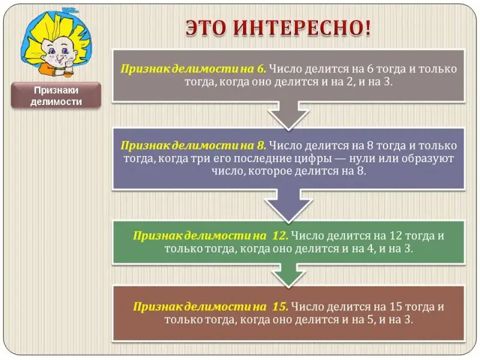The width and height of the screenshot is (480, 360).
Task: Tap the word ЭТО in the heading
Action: click(x=206, y=28)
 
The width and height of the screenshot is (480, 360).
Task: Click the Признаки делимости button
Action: click(x=56, y=95)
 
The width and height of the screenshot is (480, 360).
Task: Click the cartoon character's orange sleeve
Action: click(x=49, y=70)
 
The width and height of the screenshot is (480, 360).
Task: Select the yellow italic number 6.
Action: click(x=262, y=69)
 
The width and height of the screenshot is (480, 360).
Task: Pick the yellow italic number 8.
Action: click(x=262, y=145)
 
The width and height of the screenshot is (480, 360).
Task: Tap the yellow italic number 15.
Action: click(x=280, y=307)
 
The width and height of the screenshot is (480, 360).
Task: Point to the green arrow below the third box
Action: click(x=289, y=275)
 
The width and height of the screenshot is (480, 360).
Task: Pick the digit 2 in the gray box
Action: click(x=350, y=82)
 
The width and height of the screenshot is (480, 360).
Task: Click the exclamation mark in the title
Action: click(x=367, y=28)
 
